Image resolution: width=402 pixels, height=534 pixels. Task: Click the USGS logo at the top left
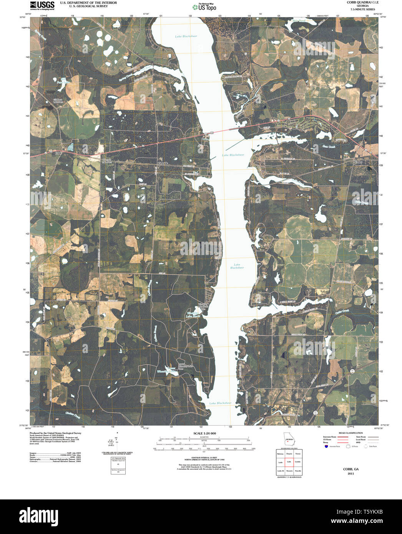[42, 5]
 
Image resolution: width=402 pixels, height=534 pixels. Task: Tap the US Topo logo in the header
[204, 7]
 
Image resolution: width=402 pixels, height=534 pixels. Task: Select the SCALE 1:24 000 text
[204, 433]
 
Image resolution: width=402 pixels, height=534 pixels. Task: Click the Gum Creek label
[329, 146]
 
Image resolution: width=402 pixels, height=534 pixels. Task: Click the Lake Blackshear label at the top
[186, 36]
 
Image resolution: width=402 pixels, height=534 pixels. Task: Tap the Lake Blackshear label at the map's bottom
[220, 403]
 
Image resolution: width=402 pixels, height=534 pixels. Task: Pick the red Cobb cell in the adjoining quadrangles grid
[289, 461]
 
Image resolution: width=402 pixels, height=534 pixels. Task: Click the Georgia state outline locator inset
[289, 439]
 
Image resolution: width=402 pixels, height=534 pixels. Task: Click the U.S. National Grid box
[118, 466]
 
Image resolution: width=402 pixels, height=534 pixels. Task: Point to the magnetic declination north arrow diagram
[116, 448]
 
